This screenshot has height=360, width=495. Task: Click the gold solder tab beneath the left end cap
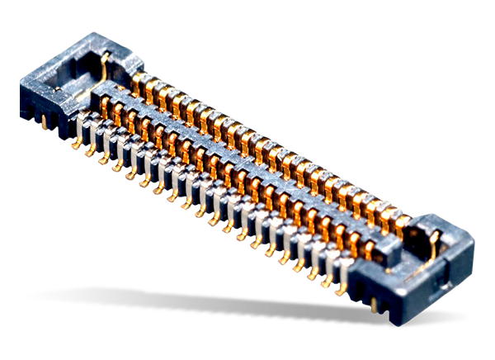point(42,121)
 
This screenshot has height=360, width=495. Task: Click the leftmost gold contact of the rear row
point(138,81)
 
